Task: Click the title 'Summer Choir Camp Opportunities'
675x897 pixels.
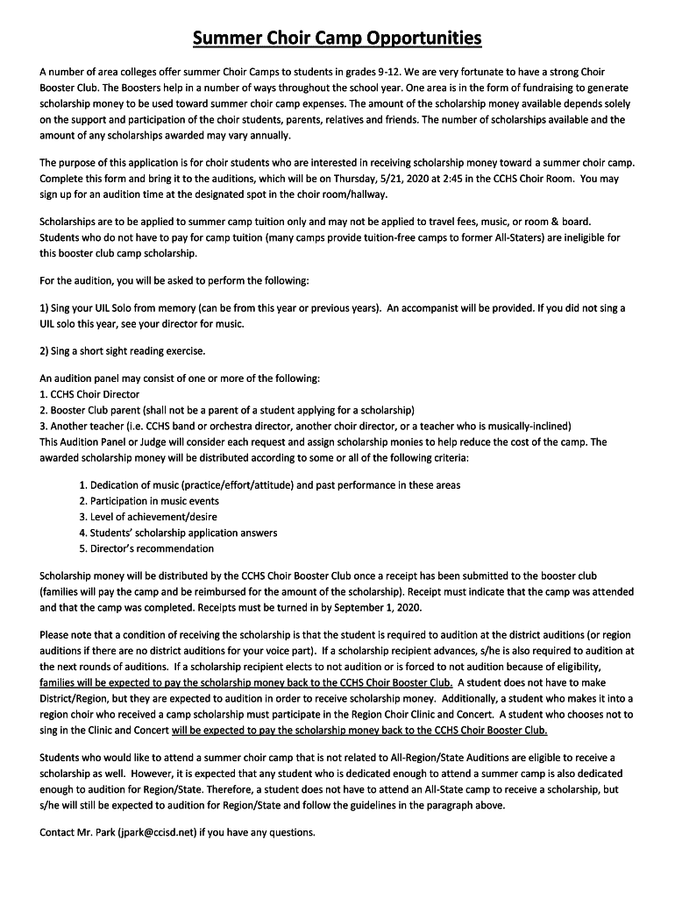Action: click(337, 39)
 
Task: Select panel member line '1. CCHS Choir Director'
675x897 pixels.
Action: click(89, 394)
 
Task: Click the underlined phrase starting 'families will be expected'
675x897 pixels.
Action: click(245, 683)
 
